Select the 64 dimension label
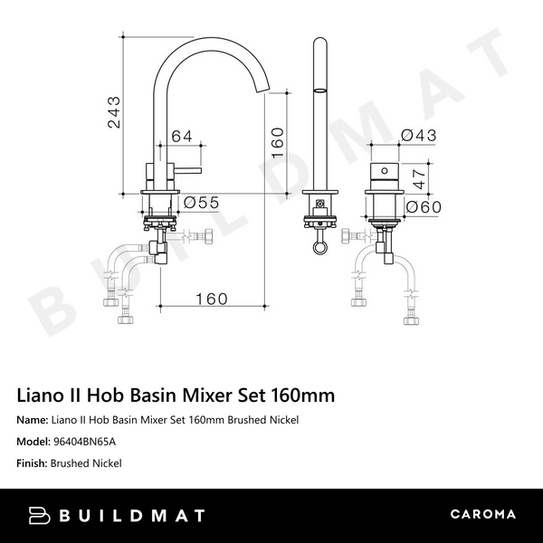click(x=182, y=137)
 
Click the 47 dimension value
click(x=418, y=177)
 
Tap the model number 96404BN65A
click(x=84, y=442)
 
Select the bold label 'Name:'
click(x=33, y=420)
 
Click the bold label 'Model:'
click(x=34, y=442)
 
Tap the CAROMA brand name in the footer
click(x=482, y=515)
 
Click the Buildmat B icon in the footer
click(x=40, y=515)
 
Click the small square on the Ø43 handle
click(x=384, y=169)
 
